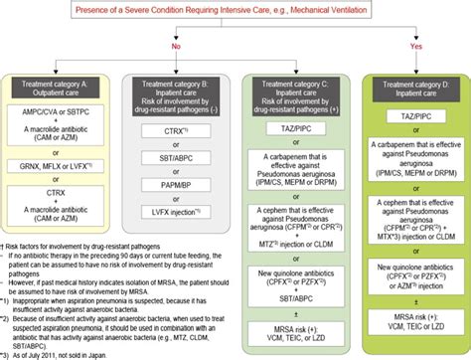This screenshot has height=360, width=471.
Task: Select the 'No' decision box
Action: [x=178, y=44]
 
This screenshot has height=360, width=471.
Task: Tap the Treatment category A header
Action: [x=60, y=90]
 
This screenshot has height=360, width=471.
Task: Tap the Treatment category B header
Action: [x=177, y=96]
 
